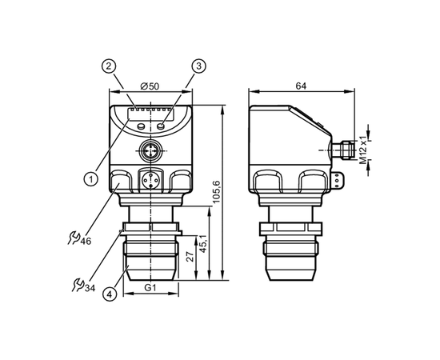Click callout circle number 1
[91, 178]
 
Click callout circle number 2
[109, 66]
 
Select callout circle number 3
[198, 66]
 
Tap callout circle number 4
[110, 294]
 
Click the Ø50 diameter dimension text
[150, 86]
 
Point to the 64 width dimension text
[301, 86]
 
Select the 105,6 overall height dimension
[216, 193]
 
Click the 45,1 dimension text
[203, 244]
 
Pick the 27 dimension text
[190, 257]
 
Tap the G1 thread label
[150, 288]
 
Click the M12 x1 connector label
[363, 150]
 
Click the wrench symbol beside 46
[74, 238]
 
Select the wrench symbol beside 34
[78, 285]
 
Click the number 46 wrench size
[86, 241]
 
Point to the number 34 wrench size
[90, 288]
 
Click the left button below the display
[141, 126]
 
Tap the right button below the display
[161, 126]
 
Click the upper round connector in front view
[150, 150]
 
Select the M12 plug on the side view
[342, 150]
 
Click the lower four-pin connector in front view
[150, 180]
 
